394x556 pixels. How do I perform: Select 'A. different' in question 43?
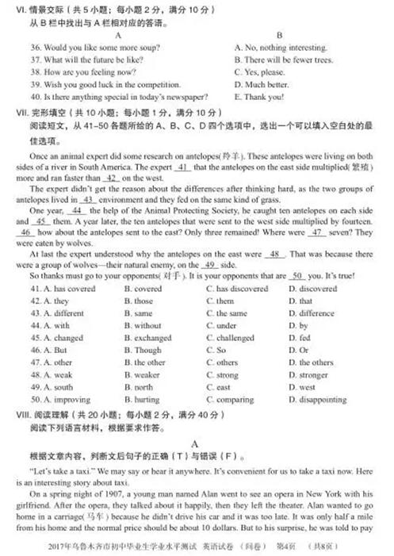click(58, 313)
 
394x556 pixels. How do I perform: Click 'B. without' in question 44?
click(143, 326)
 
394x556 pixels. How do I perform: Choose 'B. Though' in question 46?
click(143, 350)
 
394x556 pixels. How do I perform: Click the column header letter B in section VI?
click(279, 35)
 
